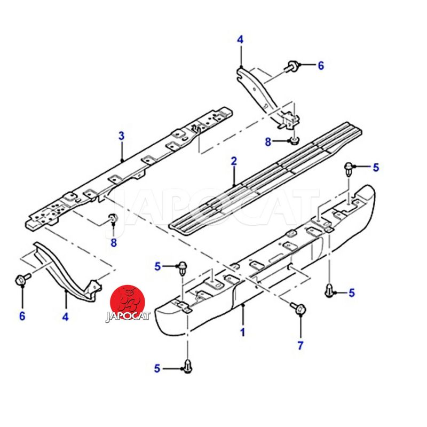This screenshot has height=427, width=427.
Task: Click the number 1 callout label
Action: (242, 332)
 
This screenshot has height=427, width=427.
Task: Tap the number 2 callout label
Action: (233, 161)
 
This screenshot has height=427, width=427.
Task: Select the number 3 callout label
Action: (122, 136)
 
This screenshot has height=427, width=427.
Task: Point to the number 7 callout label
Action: (300, 345)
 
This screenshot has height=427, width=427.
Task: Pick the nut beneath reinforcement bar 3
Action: (113, 218)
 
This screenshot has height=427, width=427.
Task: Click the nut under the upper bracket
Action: (294, 141)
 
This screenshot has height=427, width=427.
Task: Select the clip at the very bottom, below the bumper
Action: (188, 366)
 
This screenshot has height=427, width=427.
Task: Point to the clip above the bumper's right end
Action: (349, 168)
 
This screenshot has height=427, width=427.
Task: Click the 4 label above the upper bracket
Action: (240, 39)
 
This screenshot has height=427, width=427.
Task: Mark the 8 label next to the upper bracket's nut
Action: (268, 141)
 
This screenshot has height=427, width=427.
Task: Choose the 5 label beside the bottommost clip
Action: (157, 368)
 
